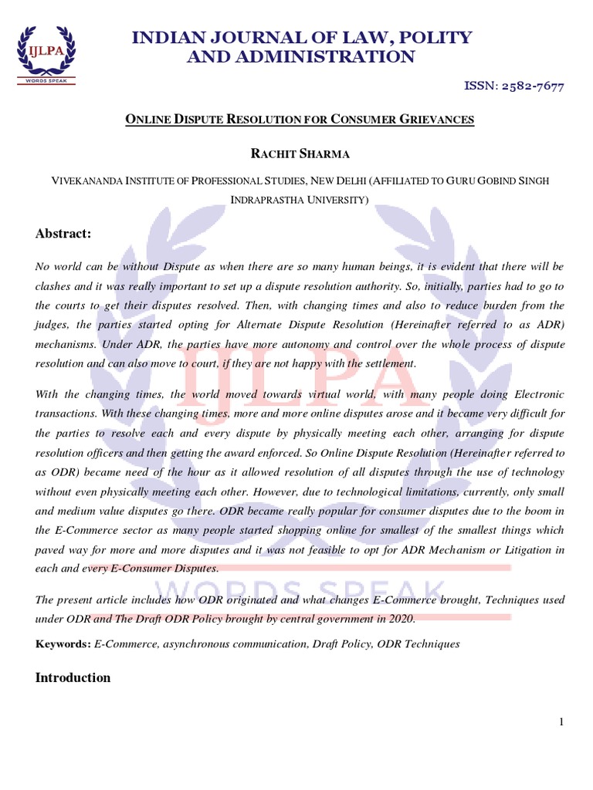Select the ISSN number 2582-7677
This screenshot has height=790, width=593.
(x=524, y=86)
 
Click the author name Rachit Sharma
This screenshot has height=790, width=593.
(x=300, y=154)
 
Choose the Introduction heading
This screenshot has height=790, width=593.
(x=73, y=677)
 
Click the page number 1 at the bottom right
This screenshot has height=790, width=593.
(x=562, y=721)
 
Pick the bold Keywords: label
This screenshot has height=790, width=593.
(x=63, y=644)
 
